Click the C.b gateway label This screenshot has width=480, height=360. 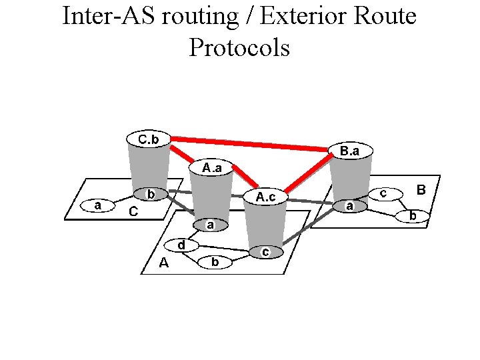[149, 139]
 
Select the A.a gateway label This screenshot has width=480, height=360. [213, 167]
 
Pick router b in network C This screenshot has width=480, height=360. [151, 195]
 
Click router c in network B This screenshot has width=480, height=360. [384, 193]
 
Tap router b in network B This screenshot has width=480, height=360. [413, 215]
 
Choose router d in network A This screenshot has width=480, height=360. [181, 245]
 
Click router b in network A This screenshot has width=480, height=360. [215, 262]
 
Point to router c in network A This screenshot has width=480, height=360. [265, 251]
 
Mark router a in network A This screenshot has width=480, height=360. [209, 225]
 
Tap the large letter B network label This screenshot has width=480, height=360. [421, 190]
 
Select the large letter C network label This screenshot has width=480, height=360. [133, 212]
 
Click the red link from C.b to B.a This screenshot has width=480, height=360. [250, 143]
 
